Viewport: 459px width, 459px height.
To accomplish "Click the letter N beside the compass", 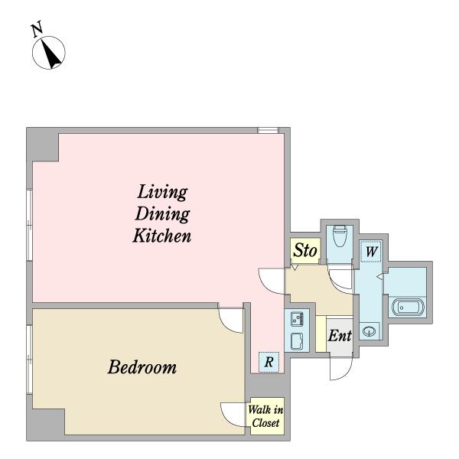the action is (37, 29).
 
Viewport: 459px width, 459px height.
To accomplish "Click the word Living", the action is (162, 192).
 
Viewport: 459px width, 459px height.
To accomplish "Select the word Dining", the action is (162, 213).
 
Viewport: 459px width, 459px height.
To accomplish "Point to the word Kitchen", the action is (162, 236).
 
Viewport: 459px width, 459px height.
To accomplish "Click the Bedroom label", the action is (142, 366).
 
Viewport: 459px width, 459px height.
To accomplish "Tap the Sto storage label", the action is (305, 251).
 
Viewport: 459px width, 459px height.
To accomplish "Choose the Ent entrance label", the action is (340, 336).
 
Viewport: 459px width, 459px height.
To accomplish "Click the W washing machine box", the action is (371, 252).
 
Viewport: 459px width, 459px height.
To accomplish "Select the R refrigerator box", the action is (269, 362).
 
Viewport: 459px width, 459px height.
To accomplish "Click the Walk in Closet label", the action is (265, 416).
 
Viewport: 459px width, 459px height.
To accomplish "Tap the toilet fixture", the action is (340, 236).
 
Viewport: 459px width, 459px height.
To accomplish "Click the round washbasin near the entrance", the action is (369, 332).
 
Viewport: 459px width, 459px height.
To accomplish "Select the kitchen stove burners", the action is (297, 319).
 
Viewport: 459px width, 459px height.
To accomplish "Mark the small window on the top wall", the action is (268, 130).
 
